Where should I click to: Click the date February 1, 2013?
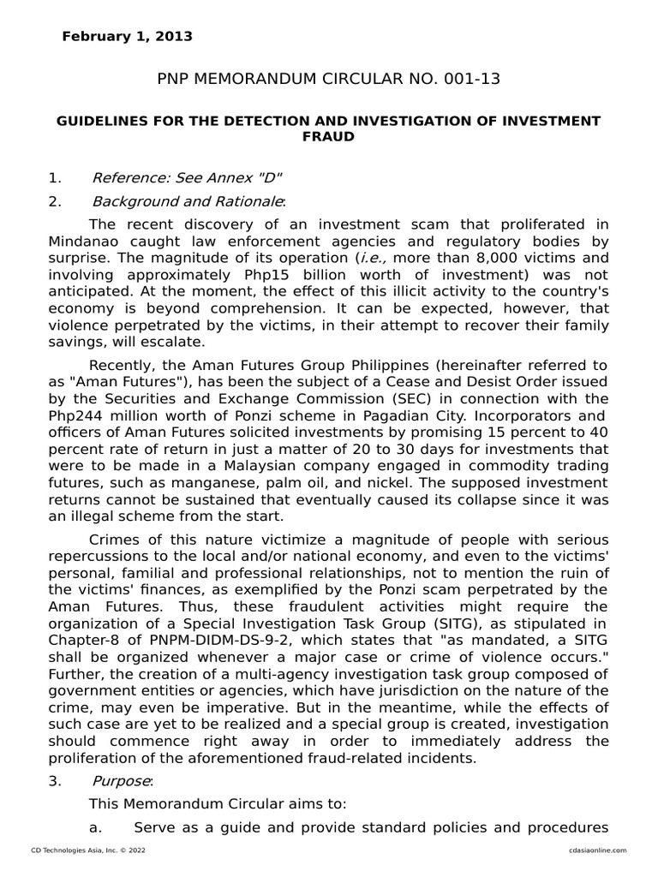(127, 36)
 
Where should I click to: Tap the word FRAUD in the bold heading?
(328, 136)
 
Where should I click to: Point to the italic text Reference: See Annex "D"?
(187, 178)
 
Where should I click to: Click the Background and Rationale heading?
(188, 202)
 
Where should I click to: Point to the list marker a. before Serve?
(96, 828)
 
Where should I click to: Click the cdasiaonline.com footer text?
(596, 850)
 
